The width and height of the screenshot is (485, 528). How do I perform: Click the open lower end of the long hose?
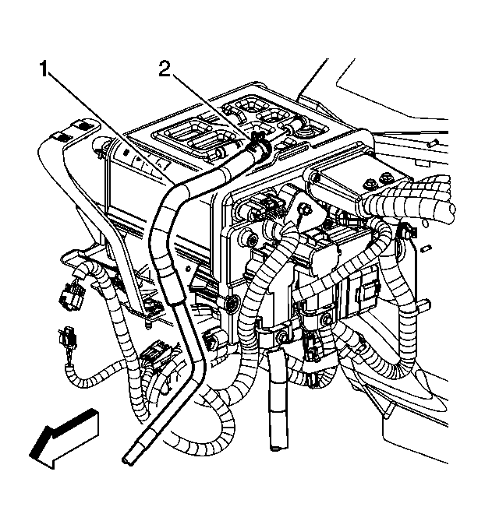coord(133,459)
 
